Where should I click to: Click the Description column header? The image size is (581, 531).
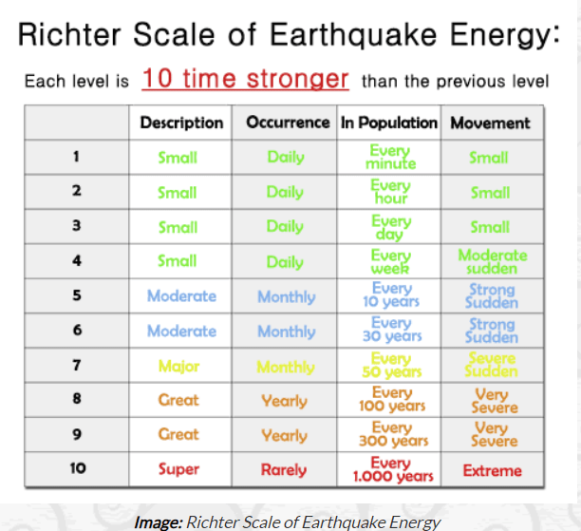click(x=181, y=123)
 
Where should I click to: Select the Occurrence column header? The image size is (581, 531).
click(x=288, y=123)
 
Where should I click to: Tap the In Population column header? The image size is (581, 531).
click(x=389, y=123)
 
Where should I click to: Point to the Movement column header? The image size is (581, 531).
click(x=490, y=123)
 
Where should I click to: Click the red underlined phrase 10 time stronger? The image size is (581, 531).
click(x=245, y=79)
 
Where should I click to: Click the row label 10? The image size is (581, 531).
click(x=78, y=468)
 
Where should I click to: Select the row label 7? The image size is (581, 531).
click(x=77, y=366)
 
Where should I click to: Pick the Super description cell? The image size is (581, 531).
click(x=178, y=469)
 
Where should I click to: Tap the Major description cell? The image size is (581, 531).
click(x=178, y=367)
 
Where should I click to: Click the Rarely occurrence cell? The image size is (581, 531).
click(x=284, y=470)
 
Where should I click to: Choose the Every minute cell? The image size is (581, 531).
click(x=390, y=157)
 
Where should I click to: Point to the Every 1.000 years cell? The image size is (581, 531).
click(x=393, y=469)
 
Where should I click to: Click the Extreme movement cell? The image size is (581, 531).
click(x=492, y=471)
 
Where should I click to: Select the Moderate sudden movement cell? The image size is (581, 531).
click(x=493, y=262)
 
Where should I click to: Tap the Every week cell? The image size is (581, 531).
click(x=390, y=262)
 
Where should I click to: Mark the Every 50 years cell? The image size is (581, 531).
click(x=392, y=366)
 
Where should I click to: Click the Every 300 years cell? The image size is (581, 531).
click(x=393, y=434)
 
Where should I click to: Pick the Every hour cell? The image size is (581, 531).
click(x=390, y=191)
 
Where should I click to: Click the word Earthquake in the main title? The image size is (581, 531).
click(x=353, y=35)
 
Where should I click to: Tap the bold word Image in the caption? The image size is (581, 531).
click(x=159, y=522)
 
